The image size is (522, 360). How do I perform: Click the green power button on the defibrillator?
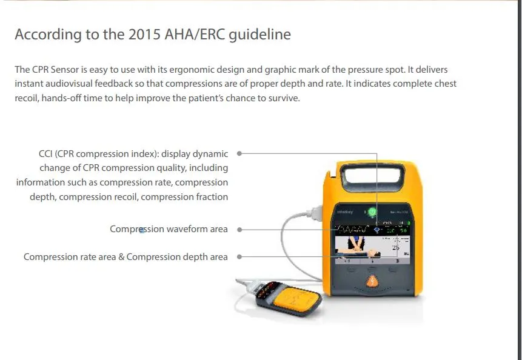[372, 212]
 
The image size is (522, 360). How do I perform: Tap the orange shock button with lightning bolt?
[371, 281]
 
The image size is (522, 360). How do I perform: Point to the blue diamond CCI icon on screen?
[376, 230]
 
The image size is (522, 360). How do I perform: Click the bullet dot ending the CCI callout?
[239, 154]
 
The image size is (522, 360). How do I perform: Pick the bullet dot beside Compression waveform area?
[239, 230]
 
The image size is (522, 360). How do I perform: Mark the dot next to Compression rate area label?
[239, 257]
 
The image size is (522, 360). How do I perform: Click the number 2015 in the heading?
[145, 35]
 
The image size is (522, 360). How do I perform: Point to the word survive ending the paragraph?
[283, 98]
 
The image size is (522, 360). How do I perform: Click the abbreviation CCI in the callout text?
[47, 154]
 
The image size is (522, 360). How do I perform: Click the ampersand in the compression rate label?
[121, 257]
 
